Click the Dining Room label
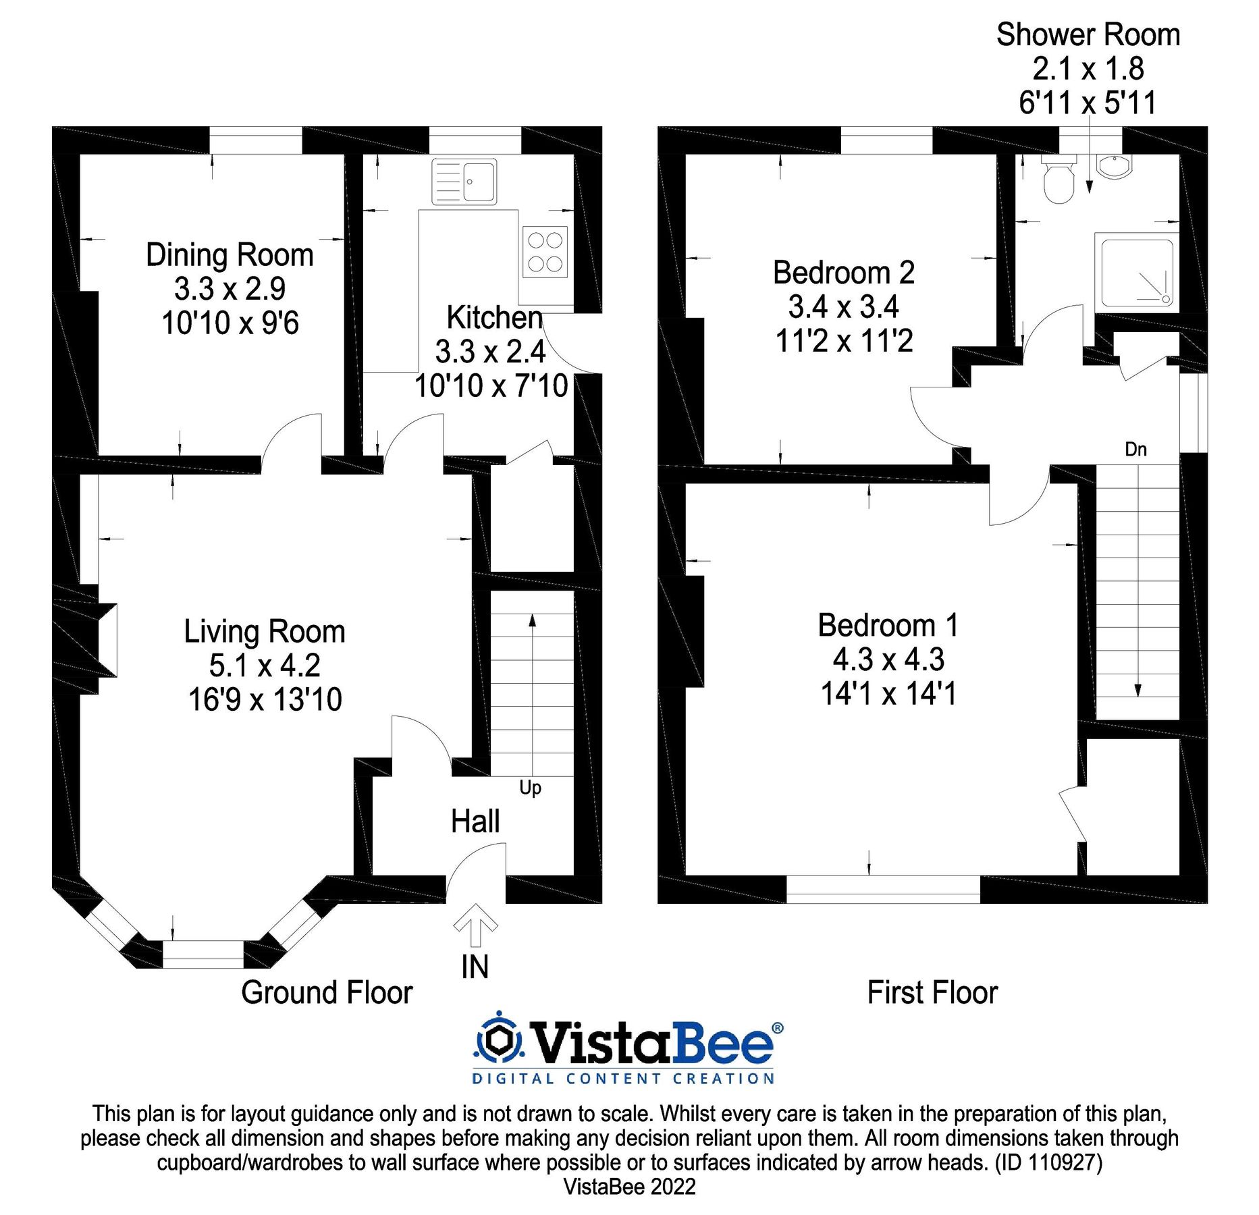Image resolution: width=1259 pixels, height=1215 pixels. coord(230,255)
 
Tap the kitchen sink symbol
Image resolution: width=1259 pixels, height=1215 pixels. coord(464,182)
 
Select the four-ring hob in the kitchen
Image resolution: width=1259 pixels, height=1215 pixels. coord(545,252)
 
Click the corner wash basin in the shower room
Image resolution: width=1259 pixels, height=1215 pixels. coord(1114,166)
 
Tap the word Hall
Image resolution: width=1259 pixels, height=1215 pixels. coord(475,821)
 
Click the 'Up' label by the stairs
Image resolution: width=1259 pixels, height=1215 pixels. coord(530,788)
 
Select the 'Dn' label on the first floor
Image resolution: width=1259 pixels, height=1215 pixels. coord(1135,450)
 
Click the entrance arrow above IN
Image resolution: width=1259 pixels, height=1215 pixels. coord(475,924)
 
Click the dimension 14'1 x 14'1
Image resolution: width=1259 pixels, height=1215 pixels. coord(888,694)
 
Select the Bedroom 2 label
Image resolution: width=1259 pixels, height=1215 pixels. coord(844,273)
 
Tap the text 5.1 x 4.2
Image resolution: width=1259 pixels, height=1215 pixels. coord(265,666)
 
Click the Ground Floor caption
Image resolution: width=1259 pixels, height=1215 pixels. coord(327,993)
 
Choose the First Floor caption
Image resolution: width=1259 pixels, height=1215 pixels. coord(932,993)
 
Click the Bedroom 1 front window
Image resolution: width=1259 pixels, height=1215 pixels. coord(883,889)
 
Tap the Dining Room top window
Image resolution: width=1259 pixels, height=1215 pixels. coord(255,140)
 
